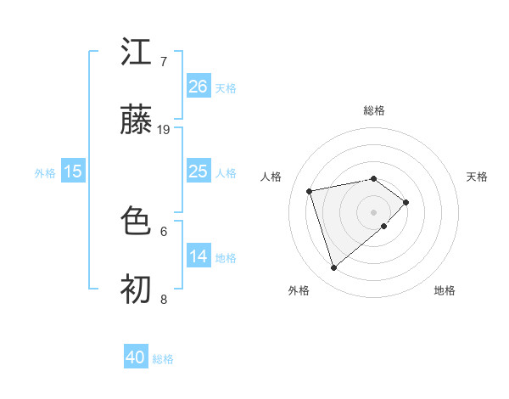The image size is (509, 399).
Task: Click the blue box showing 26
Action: [x=198, y=87]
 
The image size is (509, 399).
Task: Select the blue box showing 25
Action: [x=198, y=171]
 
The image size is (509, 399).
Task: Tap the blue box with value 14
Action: [x=198, y=256]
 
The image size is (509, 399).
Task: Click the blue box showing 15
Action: [x=73, y=171]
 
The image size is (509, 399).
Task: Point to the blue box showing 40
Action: [x=136, y=357]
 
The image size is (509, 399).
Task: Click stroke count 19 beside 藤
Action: [x=164, y=130]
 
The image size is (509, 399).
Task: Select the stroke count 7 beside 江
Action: [x=164, y=62]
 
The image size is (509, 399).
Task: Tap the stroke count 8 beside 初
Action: [x=164, y=300]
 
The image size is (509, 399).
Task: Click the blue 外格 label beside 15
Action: [x=45, y=172]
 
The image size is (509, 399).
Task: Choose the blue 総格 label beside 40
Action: [x=163, y=359]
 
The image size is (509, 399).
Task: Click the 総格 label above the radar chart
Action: [x=374, y=110]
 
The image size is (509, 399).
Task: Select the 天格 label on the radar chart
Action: [x=477, y=177]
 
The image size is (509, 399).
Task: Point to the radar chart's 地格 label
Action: [x=445, y=290]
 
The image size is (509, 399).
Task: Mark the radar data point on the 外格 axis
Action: [x=333, y=267]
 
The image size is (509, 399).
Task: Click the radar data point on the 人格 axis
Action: [x=310, y=190]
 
